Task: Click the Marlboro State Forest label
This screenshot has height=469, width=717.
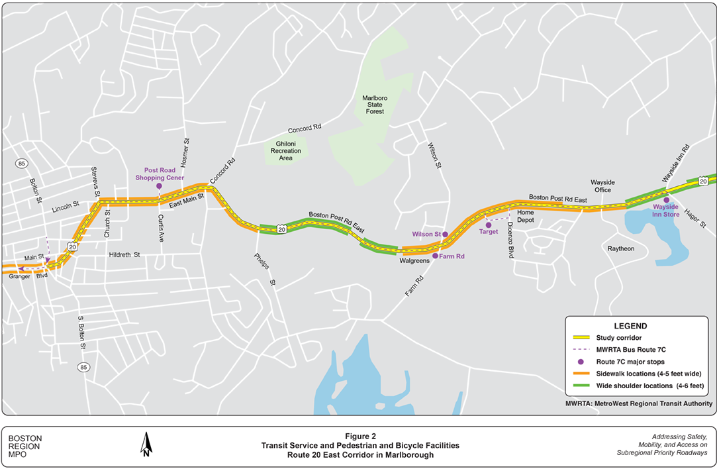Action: pos(374,105)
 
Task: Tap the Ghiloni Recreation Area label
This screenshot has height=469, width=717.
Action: pos(285,151)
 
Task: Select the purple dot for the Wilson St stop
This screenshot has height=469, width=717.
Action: pos(446,234)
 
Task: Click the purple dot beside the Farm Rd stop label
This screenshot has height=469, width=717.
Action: pos(435,255)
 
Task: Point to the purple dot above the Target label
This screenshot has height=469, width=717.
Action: pos(489,225)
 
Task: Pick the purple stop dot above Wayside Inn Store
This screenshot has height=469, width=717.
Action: pos(667,199)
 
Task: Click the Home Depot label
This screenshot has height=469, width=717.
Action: pos(525,216)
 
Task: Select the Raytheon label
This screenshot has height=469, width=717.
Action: pos(621,248)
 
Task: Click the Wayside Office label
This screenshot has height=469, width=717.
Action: pos(602,185)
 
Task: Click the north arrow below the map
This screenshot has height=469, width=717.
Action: pos(145,444)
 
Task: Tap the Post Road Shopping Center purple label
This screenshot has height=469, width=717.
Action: pos(160,174)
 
